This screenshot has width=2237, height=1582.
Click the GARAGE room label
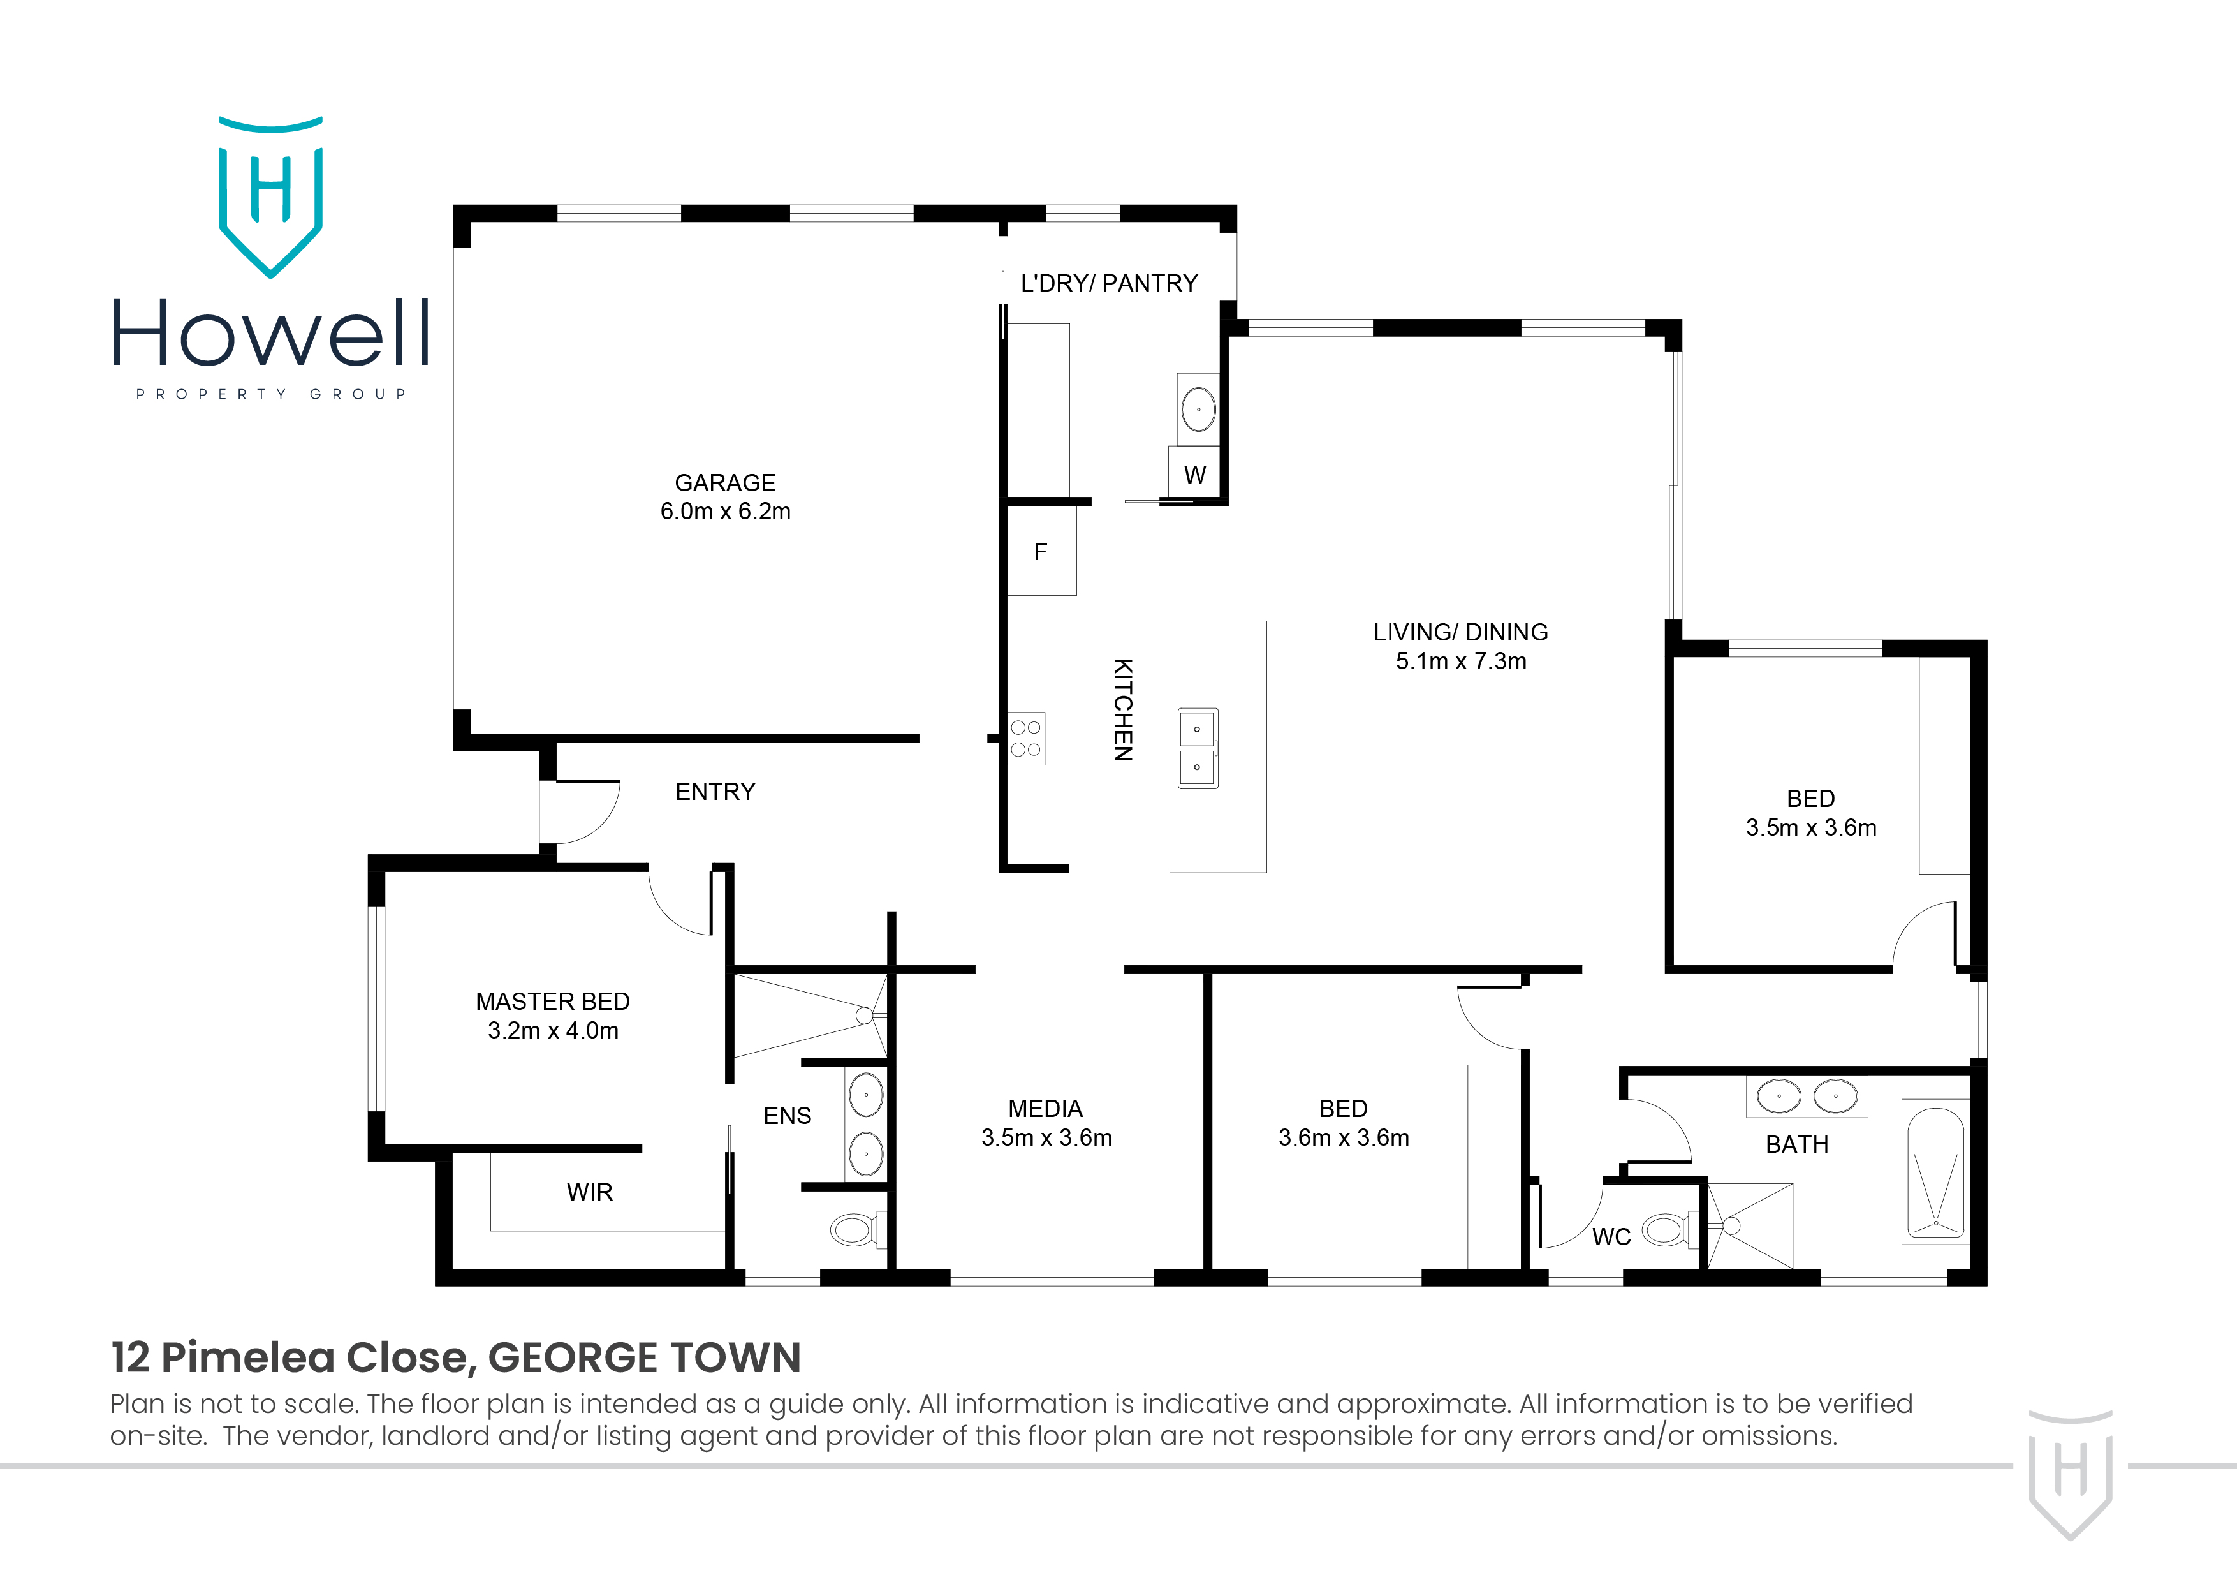tap(725, 482)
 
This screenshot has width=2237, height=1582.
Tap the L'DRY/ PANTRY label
tap(1109, 284)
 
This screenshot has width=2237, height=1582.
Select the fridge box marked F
tap(1041, 552)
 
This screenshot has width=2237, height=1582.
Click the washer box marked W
tap(1194, 475)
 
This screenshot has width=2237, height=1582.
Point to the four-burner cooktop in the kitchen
tap(1026, 738)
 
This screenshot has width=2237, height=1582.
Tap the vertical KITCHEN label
tap(1124, 709)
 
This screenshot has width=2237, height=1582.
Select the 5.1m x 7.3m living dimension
tap(1460, 661)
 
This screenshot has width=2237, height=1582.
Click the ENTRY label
tap(715, 792)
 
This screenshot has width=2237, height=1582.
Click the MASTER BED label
tap(552, 1001)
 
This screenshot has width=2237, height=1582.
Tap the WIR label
tap(589, 1192)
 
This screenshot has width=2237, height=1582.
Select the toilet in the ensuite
tap(855, 1229)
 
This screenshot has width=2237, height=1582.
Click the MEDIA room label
tap(1045, 1108)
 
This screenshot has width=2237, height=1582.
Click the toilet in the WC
tap(1666, 1230)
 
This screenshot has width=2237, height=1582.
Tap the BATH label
tap(1796, 1144)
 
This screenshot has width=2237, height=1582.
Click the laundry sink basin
tap(1198, 410)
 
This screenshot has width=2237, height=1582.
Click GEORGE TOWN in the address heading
tap(644, 1358)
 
